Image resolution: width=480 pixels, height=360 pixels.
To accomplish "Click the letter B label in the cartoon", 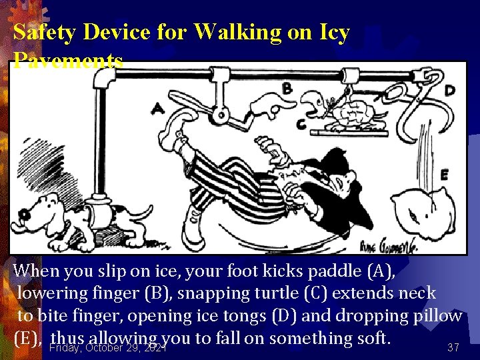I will point(287,87).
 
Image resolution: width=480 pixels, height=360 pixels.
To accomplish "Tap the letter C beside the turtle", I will point(301,123).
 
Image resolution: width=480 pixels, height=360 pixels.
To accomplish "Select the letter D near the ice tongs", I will point(451,89).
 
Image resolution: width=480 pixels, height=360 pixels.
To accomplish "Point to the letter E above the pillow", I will point(444,175).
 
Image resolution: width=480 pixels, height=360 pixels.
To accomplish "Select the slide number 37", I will point(453,347).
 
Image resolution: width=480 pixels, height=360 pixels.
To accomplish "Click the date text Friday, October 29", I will point(107,347).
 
